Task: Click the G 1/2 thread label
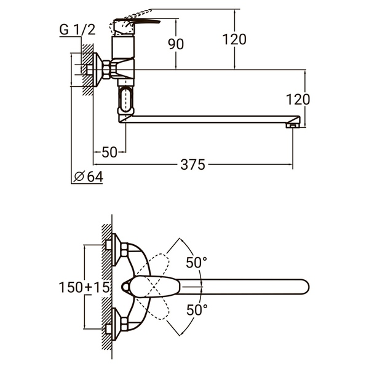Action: (x=77, y=29)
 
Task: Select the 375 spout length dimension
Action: (x=194, y=164)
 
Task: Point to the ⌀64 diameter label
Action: (x=89, y=177)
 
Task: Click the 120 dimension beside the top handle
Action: (x=234, y=40)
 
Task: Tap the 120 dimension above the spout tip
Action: (x=298, y=99)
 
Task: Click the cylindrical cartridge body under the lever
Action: (x=123, y=46)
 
